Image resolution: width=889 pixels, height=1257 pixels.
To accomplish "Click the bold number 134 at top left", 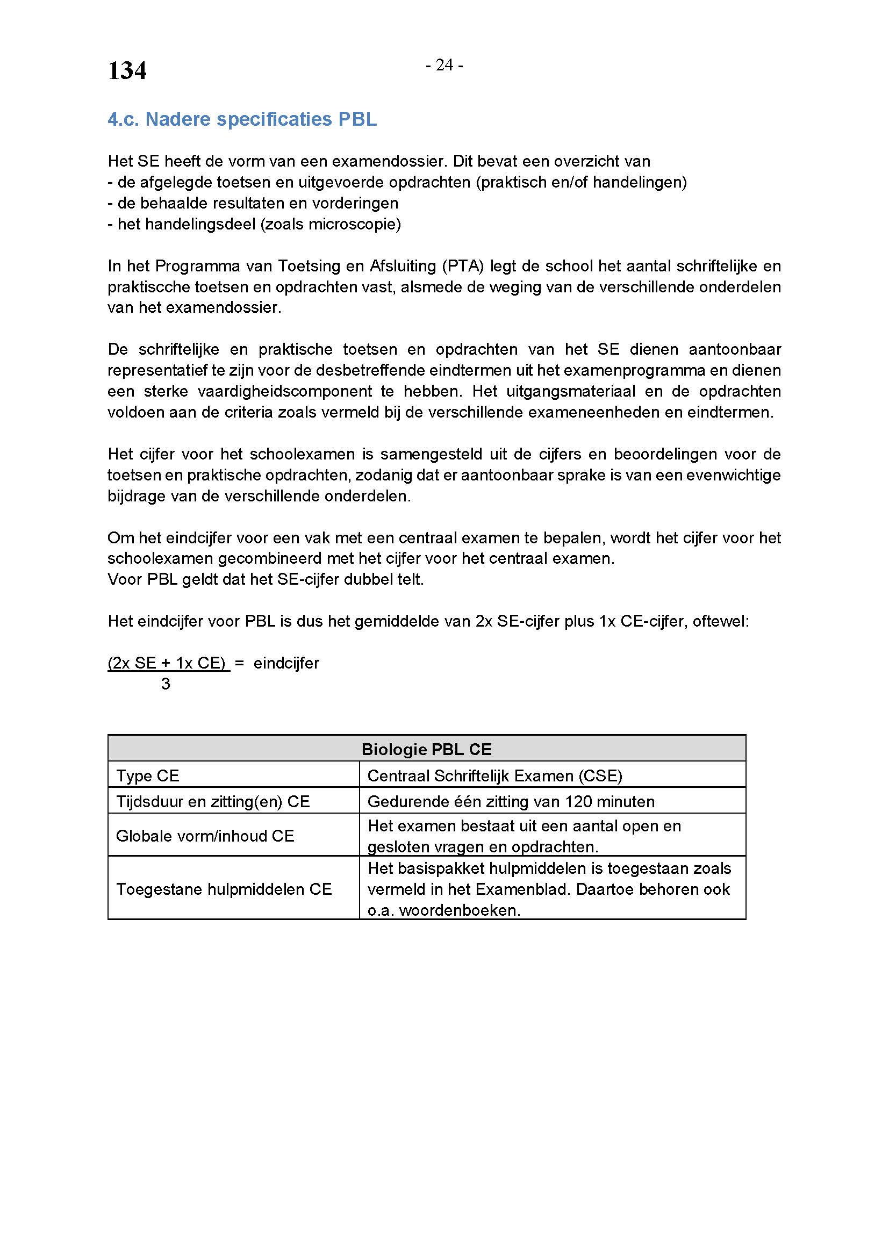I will coord(127,71).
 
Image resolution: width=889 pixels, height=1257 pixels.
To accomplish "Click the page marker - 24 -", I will coord(444,66).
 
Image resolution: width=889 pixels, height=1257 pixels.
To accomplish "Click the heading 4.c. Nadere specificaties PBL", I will coord(242,119).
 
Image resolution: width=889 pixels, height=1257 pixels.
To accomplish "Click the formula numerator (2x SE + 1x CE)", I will coord(168,664).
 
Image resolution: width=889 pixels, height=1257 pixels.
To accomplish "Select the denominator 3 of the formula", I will coord(166,684).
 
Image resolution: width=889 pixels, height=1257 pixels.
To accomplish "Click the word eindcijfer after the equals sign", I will coord(286,664).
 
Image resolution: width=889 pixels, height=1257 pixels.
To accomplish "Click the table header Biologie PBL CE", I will coord(426,750).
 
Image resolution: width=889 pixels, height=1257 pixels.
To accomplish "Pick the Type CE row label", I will coord(147,776).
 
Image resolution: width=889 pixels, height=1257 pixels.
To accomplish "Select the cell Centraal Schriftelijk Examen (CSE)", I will coord(495,776).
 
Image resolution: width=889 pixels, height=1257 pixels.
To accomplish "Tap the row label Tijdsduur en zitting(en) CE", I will coord(212,802).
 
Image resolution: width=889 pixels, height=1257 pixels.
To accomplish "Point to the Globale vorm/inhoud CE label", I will coord(205,836).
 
